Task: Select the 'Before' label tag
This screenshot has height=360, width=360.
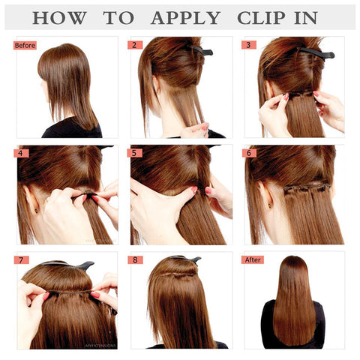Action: pyautogui.click(x=25, y=45)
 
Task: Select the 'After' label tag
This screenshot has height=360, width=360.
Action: pyautogui.click(x=254, y=259)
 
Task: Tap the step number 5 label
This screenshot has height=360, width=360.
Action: pyautogui.click(x=136, y=153)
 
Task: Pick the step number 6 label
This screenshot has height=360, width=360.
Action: pyautogui.click(x=250, y=153)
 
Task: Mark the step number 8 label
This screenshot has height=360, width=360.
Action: pyautogui.click(x=136, y=259)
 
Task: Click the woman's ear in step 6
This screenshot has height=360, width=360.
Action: pyautogui.click(x=268, y=201)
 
